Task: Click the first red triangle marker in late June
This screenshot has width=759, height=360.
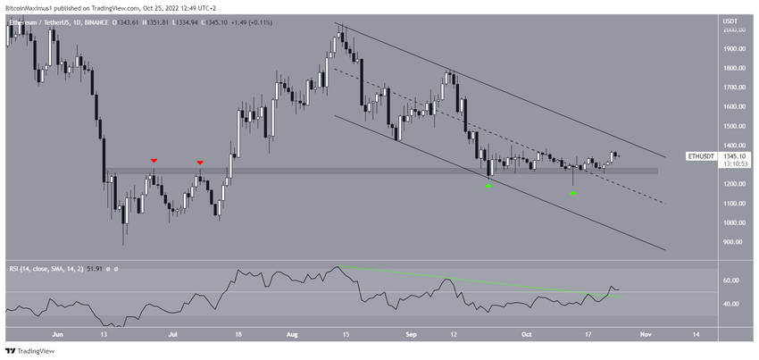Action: point(154,161)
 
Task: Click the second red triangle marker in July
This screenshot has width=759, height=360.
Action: point(200,163)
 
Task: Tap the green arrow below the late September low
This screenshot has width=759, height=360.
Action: point(488,185)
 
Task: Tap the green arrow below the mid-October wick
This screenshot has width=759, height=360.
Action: point(574,193)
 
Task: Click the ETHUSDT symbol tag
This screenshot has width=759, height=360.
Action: point(701,156)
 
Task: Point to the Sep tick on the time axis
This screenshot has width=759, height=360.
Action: point(413,335)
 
